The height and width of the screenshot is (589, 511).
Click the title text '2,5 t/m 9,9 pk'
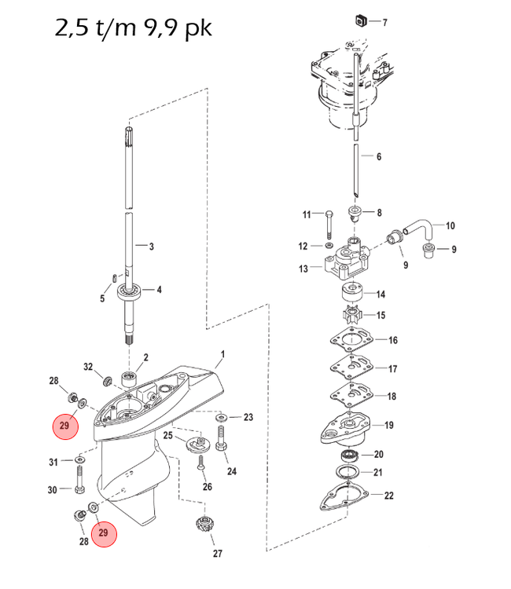(133, 28)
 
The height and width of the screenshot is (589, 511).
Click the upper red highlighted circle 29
(64, 426)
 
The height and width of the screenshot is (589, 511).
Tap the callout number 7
(384, 22)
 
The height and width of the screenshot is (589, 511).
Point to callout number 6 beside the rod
(378, 157)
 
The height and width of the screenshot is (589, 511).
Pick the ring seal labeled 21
(349, 473)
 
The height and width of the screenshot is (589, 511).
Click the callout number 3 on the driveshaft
(152, 245)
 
